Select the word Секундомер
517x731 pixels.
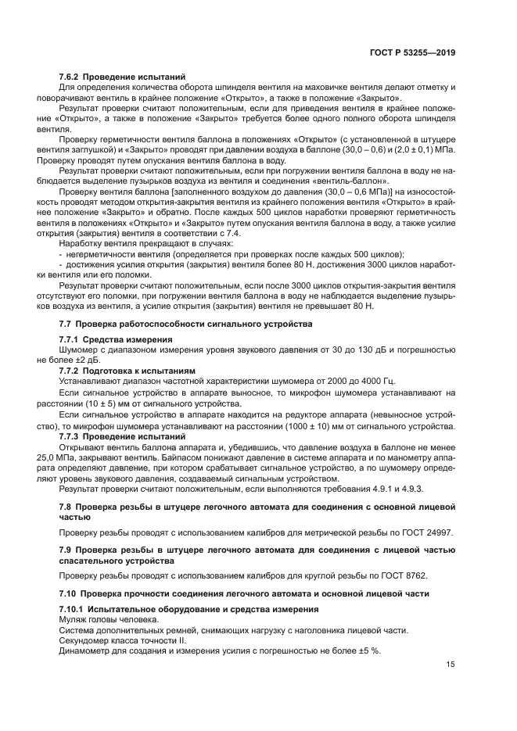tap(86, 640)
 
